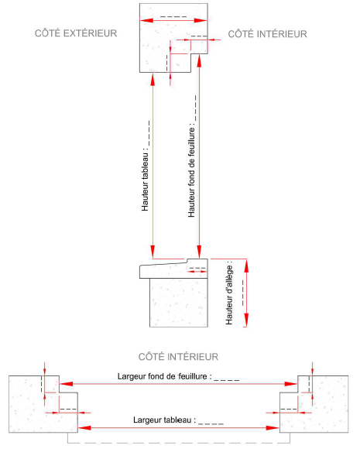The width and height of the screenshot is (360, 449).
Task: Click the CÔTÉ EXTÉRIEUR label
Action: click(x=76, y=33)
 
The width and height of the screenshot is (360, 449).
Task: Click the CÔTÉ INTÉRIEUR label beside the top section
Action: click(x=268, y=34)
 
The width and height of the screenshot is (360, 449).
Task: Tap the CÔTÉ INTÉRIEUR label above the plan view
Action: click(x=178, y=357)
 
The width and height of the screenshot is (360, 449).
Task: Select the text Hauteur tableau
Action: click(x=146, y=182)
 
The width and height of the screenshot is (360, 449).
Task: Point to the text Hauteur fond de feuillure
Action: click(x=191, y=172)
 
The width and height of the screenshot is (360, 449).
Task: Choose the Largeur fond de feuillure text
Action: click(x=165, y=376)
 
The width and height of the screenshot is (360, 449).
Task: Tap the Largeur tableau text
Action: click(x=165, y=420)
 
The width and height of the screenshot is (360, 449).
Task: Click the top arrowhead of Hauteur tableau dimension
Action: click(x=153, y=79)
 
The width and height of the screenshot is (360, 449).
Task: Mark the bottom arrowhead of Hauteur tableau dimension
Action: click(x=153, y=252)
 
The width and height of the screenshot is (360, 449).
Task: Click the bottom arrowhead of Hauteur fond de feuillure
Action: click(x=199, y=252)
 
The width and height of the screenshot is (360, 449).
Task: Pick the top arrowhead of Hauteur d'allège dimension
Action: click(x=246, y=266)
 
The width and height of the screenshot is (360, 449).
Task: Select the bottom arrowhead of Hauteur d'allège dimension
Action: click(x=246, y=320)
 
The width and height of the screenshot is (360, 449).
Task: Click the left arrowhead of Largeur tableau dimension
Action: click(x=84, y=428)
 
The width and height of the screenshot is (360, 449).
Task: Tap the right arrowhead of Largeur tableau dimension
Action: click(x=273, y=428)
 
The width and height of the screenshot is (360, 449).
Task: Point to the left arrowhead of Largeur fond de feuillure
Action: click(x=66, y=384)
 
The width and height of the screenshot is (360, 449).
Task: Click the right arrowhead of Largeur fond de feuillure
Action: click(x=291, y=384)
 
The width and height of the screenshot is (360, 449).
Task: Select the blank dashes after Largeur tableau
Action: click(x=211, y=423)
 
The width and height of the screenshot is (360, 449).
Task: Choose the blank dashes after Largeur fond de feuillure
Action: click(x=227, y=380)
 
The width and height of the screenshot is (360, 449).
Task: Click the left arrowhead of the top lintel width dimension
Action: click(x=146, y=20)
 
